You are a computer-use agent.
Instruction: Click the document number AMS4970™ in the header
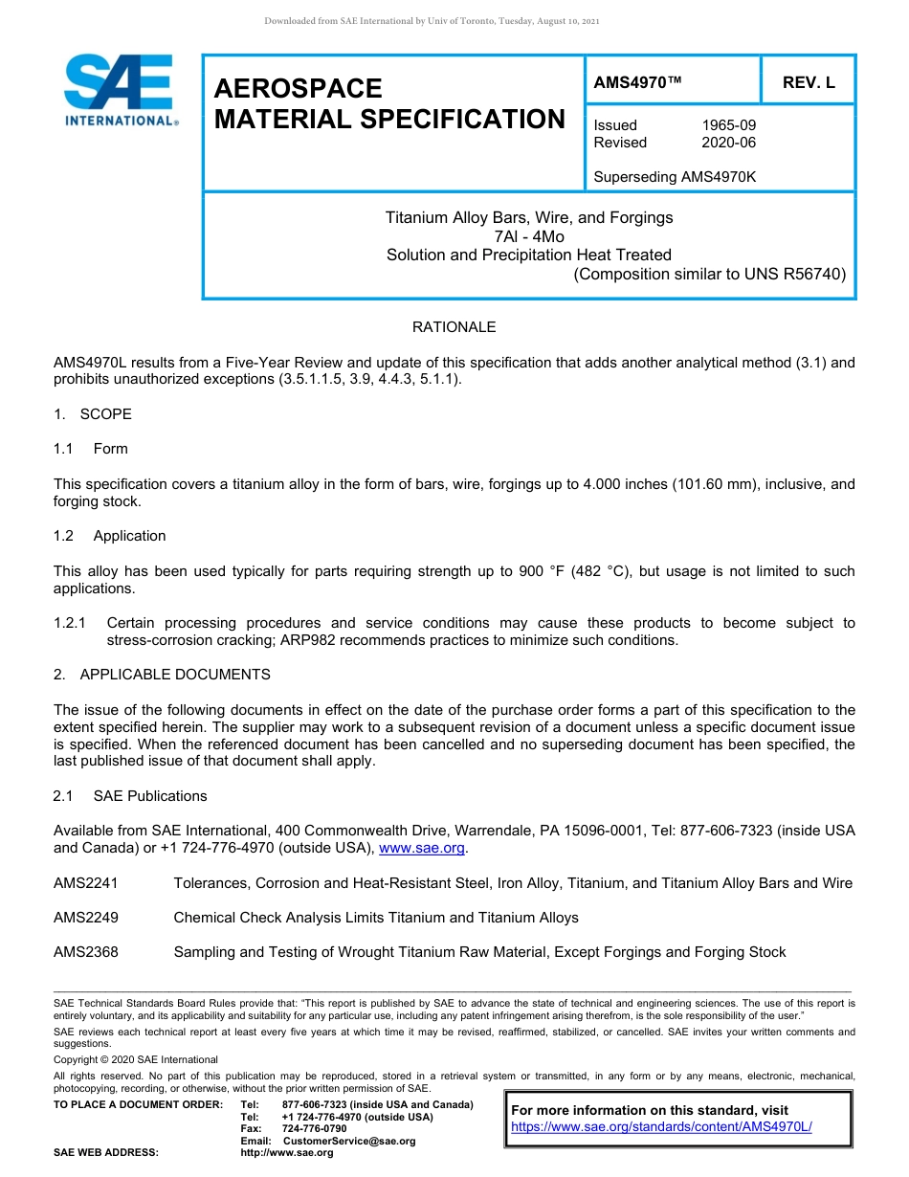pyautogui.click(x=637, y=82)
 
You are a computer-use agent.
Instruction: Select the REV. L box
pyautogui.click(x=809, y=82)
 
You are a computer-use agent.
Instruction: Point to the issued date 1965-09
pyautogui.click(x=729, y=125)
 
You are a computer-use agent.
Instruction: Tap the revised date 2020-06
pyautogui.click(x=729, y=143)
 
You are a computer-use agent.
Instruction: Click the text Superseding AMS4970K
pyautogui.click(x=675, y=177)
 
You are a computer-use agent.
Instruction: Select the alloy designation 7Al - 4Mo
pyautogui.click(x=529, y=236)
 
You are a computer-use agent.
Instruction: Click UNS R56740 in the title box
pyautogui.click(x=800, y=275)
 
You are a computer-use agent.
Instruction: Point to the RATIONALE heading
pyautogui.click(x=454, y=327)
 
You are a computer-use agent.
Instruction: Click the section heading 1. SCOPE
pyautogui.click(x=93, y=414)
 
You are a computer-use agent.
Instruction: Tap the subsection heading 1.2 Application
pyautogui.click(x=110, y=536)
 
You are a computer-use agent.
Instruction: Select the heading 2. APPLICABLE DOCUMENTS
pyautogui.click(x=162, y=675)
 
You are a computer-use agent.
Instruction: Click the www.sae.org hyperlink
pyautogui.click(x=422, y=848)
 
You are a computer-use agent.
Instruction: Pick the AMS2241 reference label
pyautogui.click(x=86, y=883)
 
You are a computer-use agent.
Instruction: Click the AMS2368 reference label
pyautogui.click(x=86, y=952)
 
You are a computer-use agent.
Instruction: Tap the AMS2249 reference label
pyautogui.click(x=86, y=918)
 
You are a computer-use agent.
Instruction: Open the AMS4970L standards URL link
pyautogui.click(x=661, y=1126)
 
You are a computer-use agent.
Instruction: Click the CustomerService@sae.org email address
pyautogui.click(x=349, y=1141)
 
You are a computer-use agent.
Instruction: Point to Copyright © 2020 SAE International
pyautogui.click(x=136, y=1059)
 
